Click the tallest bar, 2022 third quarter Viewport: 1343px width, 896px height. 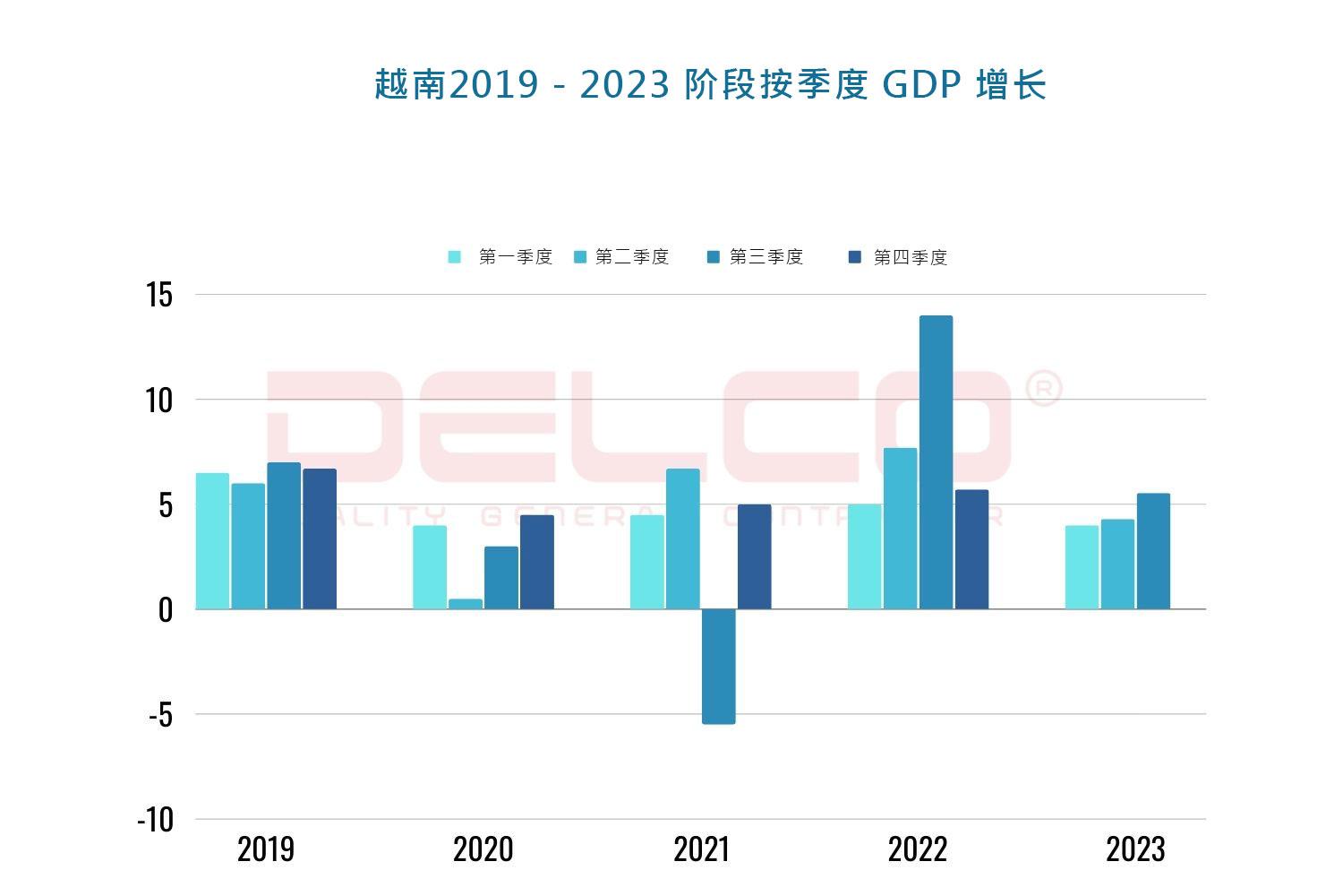[x=936, y=462]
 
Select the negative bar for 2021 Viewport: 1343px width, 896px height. [x=718, y=666]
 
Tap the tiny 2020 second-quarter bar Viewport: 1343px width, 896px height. [x=466, y=604]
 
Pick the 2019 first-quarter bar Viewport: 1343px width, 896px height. [x=212, y=541]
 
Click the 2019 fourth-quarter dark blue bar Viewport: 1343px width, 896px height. [x=320, y=538]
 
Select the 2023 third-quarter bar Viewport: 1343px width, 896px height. [x=1153, y=551]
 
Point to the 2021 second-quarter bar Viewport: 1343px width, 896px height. [x=682, y=538]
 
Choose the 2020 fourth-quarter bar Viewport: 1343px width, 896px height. [x=537, y=562]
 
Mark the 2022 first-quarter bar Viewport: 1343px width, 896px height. [x=864, y=556]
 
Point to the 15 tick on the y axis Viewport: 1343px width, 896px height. [x=159, y=295]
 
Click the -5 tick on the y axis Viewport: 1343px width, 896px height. [x=159, y=715]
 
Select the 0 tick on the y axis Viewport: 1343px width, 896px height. [x=165, y=610]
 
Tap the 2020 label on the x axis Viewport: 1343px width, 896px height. [x=483, y=849]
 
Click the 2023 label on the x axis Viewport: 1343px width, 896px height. [x=1135, y=849]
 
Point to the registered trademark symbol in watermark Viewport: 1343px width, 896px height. [x=1042, y=389]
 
